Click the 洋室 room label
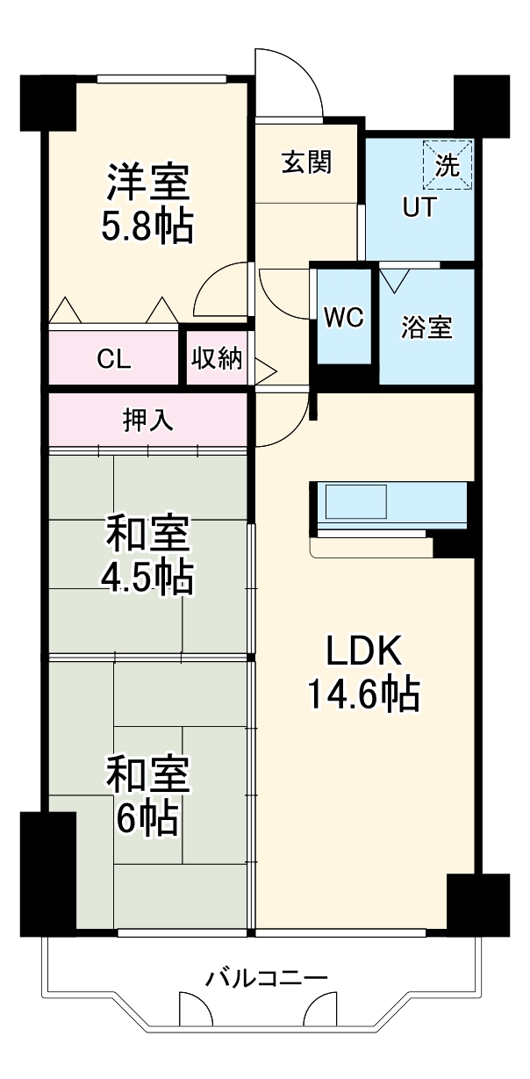point(147,183)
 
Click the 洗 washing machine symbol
point(448,164)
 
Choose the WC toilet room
point(343,318)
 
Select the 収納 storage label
point(218,358)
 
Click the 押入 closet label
point(147,421)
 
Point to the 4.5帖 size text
point(147,577)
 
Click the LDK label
point(363,652)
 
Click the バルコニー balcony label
point(267,977)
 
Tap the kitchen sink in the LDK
point(356,504)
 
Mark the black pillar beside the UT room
point(481,105)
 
